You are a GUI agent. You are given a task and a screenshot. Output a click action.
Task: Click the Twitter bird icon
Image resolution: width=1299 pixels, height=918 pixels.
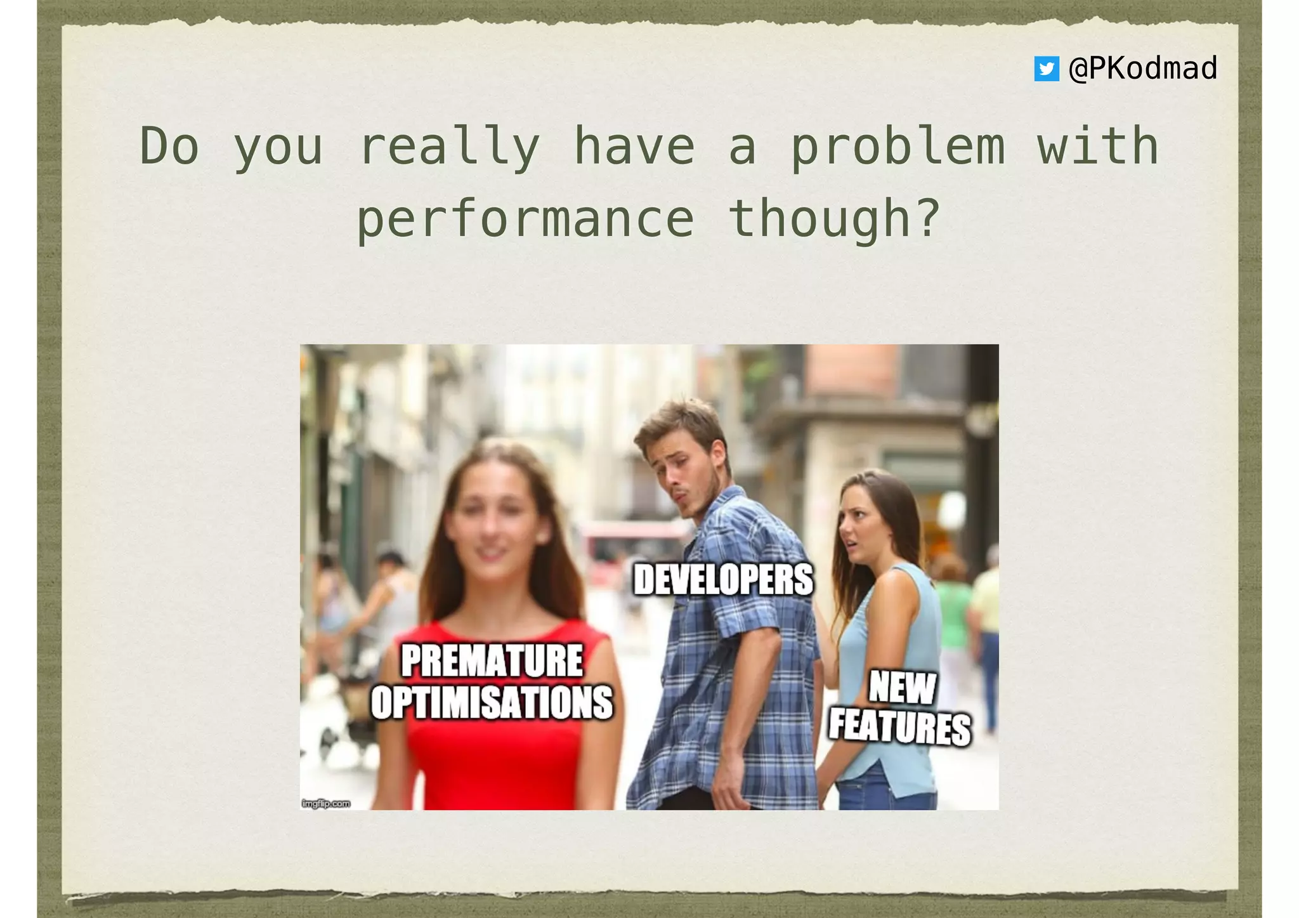click(1046, 69)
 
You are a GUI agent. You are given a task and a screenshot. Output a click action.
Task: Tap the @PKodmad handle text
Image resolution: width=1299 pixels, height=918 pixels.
click(1142, 69)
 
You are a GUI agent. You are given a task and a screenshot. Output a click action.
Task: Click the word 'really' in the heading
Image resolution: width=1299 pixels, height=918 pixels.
click(449, 147)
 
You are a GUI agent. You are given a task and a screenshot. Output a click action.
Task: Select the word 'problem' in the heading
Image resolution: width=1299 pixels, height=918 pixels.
click(898, 147)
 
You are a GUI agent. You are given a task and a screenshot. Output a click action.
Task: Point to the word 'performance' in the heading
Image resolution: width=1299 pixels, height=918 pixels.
click(526, 219)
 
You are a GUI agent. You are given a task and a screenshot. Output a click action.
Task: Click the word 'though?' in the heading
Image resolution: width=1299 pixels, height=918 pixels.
click(834, 219)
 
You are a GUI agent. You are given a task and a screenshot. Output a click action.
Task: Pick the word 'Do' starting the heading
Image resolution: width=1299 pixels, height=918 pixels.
click(169, 147)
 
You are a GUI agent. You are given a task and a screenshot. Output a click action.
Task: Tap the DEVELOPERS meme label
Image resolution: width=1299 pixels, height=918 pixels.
click(723, 580)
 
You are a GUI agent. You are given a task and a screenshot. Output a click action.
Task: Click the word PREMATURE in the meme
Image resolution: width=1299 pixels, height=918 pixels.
click(492, 661)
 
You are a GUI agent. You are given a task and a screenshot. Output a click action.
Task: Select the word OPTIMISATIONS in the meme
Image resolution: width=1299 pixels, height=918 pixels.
click(492, 702)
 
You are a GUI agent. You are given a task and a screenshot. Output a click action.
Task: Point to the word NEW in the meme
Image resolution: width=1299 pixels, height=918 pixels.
click(902, 688)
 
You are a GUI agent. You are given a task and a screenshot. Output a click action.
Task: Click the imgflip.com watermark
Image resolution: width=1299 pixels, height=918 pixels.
click(326, 804)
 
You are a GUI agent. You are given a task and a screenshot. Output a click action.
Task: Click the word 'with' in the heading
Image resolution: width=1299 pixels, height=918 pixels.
click(1098, 147)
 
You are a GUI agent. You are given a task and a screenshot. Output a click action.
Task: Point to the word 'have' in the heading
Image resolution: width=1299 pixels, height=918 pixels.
click(634, 147)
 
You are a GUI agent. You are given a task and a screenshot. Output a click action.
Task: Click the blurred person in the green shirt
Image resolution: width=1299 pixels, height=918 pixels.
click(951, 609)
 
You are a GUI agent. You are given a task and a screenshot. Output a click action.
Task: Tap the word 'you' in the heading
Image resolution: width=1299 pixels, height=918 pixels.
click(278, 147)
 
